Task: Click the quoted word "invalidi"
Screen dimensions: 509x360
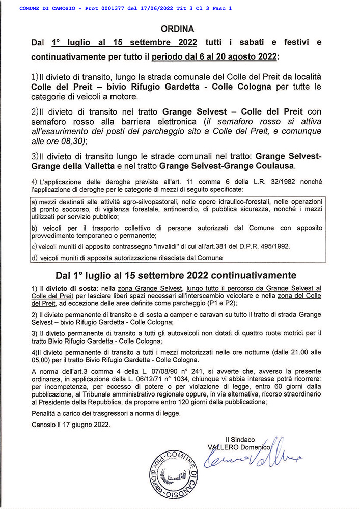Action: [149, 246]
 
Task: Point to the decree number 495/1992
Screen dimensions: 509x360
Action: [274, 246]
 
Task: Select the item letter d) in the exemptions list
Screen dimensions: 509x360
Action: [35, 258]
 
